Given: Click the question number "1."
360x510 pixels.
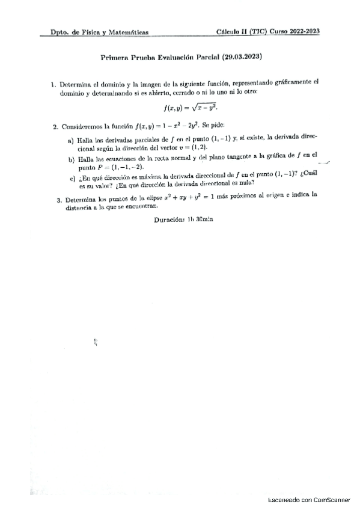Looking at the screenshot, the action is coord(53,84).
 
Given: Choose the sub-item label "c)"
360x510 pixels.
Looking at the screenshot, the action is coord(72,179).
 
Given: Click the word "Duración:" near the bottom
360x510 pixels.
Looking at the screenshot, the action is coord(168,221).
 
